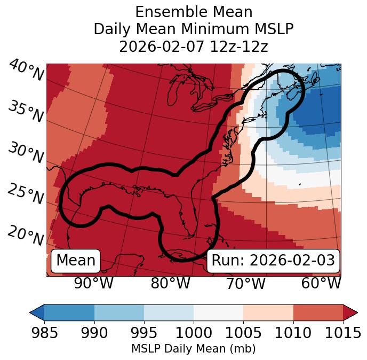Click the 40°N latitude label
[x=26, y=71]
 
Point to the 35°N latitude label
[x=26, y=111]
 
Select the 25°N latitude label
[x=26, y=194]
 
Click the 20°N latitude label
[x=26, y=235]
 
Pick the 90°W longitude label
[x=93, y=283]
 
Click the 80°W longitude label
[x=170, y=283]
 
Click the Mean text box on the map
[x=76, y=261]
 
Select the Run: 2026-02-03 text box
[x=273, y=261]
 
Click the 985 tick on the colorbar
[x=44, y=333]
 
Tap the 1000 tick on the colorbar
[x=194, y=333]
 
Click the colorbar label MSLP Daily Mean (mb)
[x=193, y=349]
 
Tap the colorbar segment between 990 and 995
[x=119, y=312]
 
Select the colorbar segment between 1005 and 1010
[x=268, y=312]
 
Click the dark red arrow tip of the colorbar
[x=351, y=312]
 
